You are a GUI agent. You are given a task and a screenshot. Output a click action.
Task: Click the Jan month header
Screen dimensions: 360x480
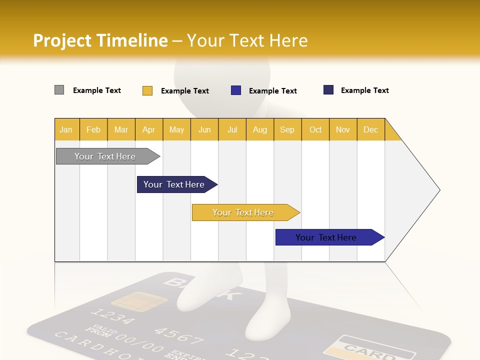point(66,129)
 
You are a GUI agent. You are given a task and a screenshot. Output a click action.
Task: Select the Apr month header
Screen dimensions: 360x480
point(148,129)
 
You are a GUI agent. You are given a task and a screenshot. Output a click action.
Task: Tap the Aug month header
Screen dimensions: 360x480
point(259,129)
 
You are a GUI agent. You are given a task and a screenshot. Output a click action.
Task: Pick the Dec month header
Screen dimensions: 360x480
point(370,129)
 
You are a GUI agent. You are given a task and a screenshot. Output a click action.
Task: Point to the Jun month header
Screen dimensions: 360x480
point(204,129)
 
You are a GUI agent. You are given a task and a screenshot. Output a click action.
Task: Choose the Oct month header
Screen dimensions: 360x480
point(315,129)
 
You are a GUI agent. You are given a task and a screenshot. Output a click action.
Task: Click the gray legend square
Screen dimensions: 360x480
point(59,90)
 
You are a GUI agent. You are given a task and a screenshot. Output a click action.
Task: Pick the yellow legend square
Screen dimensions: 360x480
point(147,90)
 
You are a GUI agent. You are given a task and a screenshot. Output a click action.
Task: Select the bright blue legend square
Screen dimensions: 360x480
point(236,90)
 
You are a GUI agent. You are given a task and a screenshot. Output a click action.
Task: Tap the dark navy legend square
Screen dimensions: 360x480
point(328,90)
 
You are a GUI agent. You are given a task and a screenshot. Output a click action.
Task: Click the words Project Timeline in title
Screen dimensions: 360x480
point(100,40)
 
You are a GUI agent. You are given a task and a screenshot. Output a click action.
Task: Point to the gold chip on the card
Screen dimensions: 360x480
point(132,300)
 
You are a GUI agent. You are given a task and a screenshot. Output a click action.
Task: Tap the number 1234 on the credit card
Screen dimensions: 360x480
point(112,317)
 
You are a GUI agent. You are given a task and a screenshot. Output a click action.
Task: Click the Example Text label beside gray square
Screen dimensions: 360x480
point(97,90)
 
